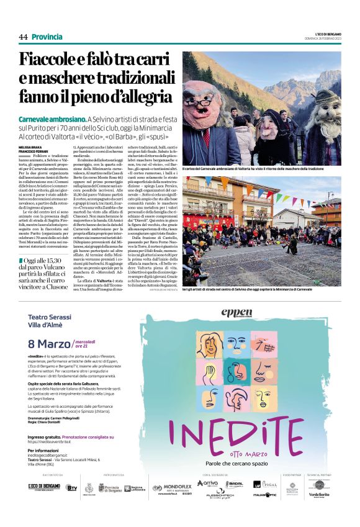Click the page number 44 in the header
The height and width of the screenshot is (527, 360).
pyautogui.click(x=24, y=37)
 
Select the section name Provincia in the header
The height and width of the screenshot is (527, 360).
pyautogui.click(x=47, y=37)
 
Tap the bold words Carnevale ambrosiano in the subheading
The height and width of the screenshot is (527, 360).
pyautogui.click(x=52, y=119)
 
